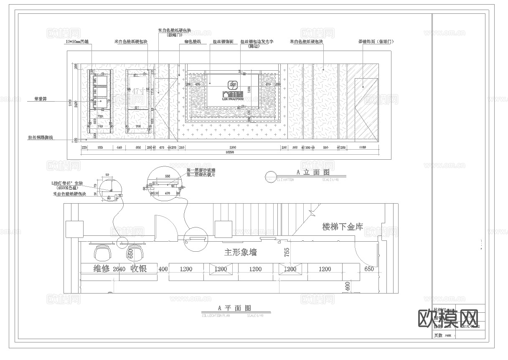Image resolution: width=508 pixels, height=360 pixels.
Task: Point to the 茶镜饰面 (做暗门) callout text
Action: (376, 42)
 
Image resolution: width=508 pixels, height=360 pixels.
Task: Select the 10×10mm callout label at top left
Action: (78, 42)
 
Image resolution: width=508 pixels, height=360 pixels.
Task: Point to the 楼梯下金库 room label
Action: (343, 227)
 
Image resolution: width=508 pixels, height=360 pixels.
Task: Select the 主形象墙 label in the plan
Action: (240, 253)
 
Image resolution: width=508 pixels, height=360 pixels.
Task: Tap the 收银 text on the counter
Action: (139, 269)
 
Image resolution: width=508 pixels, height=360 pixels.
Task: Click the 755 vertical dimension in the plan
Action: (287, 252)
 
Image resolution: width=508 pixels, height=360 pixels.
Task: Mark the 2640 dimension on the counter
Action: (119, 269)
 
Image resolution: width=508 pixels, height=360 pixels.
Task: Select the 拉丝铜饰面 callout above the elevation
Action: (223, 42)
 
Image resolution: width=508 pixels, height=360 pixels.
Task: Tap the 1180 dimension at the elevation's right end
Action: (362, 148)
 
